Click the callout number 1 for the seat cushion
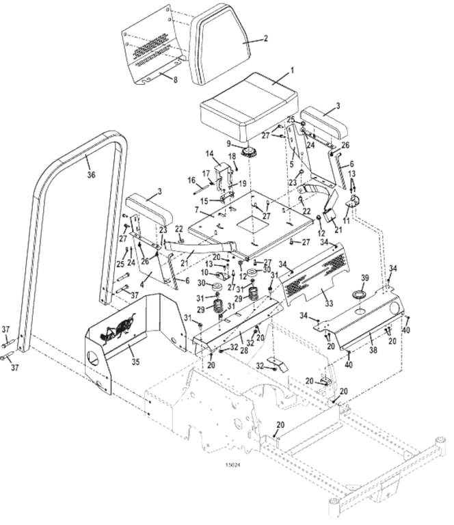pyautogui.click(x=292, y=70)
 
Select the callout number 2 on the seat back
pyautogui.click(x=266, y=38)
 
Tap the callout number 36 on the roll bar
pyautogui.click(x=91, y=174)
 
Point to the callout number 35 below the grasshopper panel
pyautogui.click(x=135, y=362)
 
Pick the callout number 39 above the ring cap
pyautogui.click(x=364, y=278)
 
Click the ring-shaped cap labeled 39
pyautogui.click(x=360, y=295)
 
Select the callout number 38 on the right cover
pyautogui.click(x=373, y=349)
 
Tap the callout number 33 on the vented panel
pyautogui.click(x=329, y=304)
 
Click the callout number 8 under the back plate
pyautogui.click(x=175, y=80)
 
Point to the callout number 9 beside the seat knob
pyautogui.click(x=228, y=144)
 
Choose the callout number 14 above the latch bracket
pyautogui.click(x=210, y=154)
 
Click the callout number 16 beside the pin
pyautogui.click(x=191, y=180)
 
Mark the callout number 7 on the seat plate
pyautogui.click(x=197, y=210)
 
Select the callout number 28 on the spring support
pyautogui.click(x=244, y=349)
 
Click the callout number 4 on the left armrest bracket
pyautogui.click(x=142, y=285)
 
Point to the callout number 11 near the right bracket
pyautogui.click(x=346, y=220)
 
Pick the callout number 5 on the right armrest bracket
pyautogui.click(x=292, y=164)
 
